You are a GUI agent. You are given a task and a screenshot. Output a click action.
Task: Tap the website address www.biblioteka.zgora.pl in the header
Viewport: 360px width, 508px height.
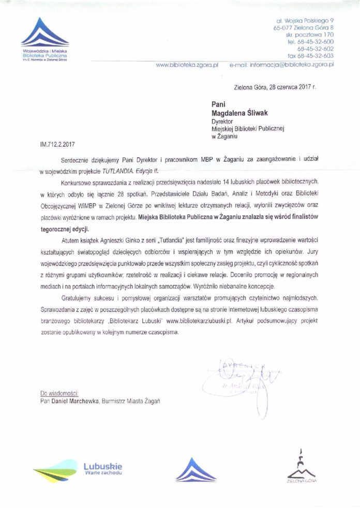[x=188, y=66]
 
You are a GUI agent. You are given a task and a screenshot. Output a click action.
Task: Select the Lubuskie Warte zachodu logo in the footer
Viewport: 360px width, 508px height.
[x=78, y=469]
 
